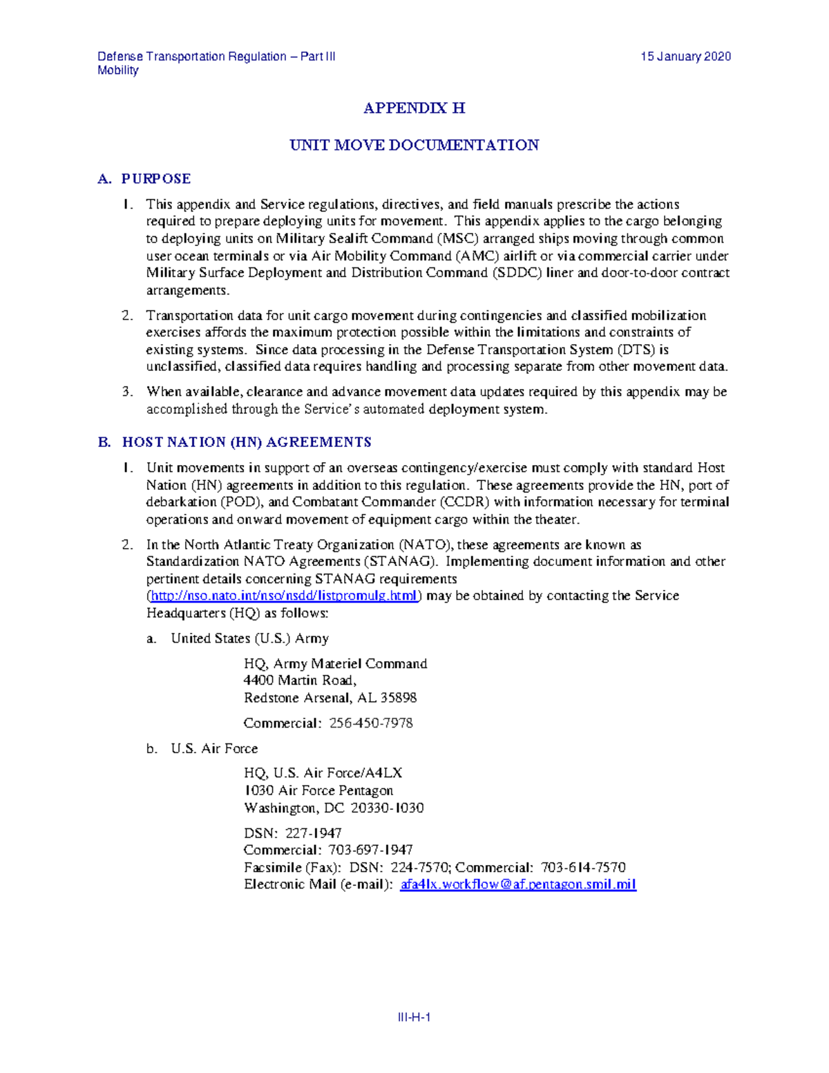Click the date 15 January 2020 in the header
pos(685,57)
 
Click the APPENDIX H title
pos(414,108)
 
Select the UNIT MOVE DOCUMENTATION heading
pos(414,145)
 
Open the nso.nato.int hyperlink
pos(284,596)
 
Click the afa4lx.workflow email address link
pos(517,884)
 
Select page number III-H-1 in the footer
pos(414,1017)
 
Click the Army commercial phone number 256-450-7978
pos(371,723)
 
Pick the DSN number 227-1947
pos(314,833)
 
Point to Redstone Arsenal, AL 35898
pos(330,698)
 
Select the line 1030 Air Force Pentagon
pos(318,790)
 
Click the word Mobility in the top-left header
pos(118,70)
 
